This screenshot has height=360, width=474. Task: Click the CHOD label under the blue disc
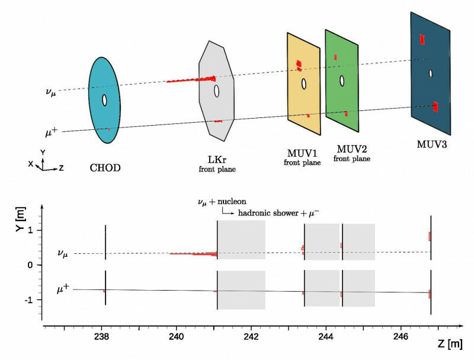tap(105, 168)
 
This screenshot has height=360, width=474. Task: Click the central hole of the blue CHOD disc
tap(104, 100)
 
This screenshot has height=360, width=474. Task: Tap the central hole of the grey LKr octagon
tap(217, 91)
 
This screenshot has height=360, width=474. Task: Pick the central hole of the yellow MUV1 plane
tap(303, 84)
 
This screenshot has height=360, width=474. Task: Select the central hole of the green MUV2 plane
tap(341, 79)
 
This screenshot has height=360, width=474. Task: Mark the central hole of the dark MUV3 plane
tap(431, 74)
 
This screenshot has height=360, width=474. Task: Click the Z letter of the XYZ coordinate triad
tap(61, 168)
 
